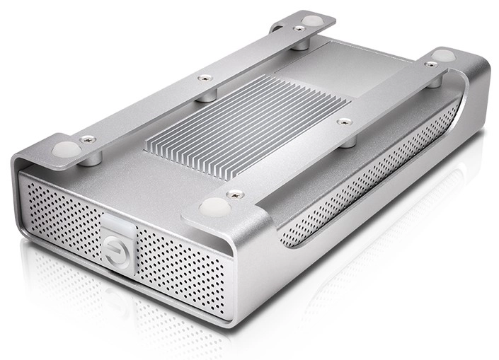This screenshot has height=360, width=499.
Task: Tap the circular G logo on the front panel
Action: (117, 251)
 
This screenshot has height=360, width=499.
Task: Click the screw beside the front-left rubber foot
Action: (87, 139)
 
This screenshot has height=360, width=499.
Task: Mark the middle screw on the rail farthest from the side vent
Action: (204, 78)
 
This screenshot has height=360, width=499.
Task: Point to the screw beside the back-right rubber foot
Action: (430, 64)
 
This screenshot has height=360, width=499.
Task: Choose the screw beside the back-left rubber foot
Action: (299, 28)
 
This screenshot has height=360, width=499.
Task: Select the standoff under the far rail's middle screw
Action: (205, 93)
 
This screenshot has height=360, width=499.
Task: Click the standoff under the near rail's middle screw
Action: (347, 138)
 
